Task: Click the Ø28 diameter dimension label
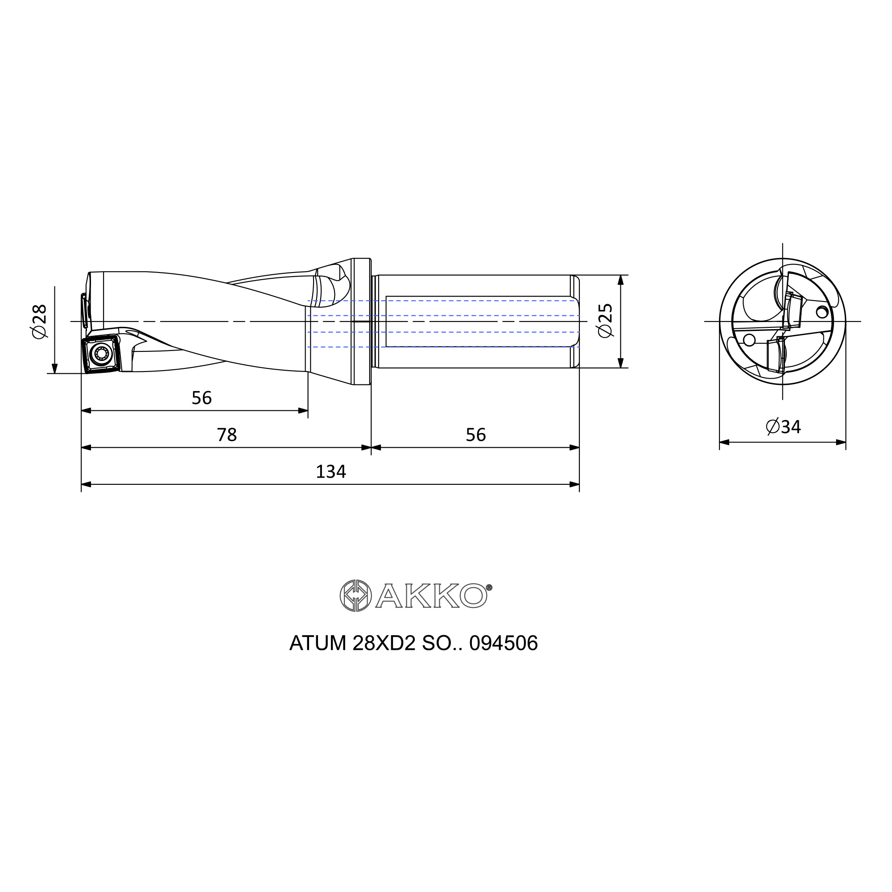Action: (40, 321)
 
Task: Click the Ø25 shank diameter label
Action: (604, 320)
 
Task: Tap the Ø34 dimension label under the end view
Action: (783, 427)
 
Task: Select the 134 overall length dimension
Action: (330, 471)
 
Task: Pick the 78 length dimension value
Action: (227, 434)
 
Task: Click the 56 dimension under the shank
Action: (475, 434)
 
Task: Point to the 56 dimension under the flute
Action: (201, 397)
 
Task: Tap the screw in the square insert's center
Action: (100, 354)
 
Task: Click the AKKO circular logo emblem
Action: (355, 595)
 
